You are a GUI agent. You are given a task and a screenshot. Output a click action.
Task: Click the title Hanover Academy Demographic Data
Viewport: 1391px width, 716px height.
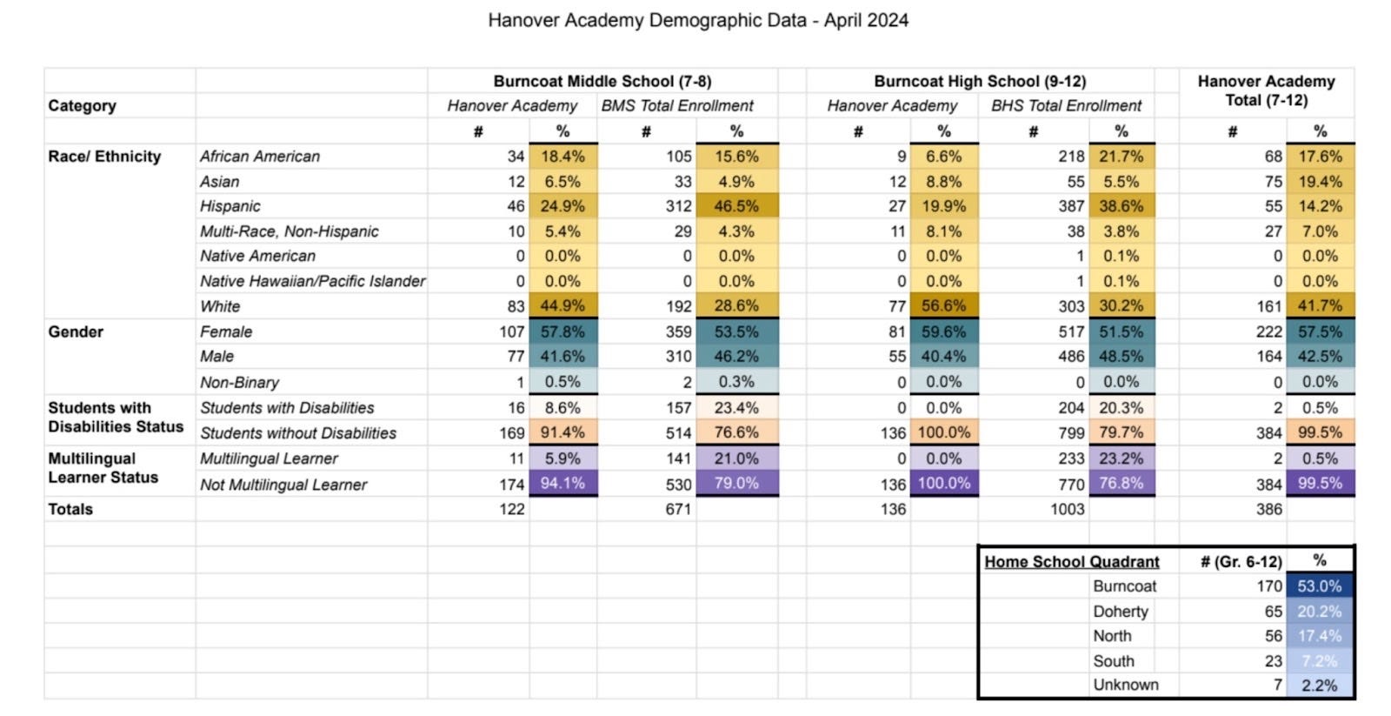(x=697, y=20)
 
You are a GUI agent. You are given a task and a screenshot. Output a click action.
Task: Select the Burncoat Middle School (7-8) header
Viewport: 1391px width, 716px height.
(x=602, y=81)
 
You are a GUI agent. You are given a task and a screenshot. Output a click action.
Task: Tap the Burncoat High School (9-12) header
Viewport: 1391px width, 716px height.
(x=980, y=81)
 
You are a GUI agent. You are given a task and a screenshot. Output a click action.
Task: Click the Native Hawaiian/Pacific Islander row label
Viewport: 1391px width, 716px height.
(x=312, y=281)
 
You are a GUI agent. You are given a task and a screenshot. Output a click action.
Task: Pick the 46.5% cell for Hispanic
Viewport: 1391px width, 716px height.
(x=736, y=206)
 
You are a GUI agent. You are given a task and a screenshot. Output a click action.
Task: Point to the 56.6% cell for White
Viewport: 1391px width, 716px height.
(x=943, y=306)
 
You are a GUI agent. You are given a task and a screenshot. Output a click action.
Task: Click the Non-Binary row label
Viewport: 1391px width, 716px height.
(x=239, y=382)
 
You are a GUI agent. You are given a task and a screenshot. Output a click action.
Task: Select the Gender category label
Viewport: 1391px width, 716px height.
(x=76, y=331)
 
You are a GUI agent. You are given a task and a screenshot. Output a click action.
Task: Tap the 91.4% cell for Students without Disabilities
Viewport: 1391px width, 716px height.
(x=562, y=432)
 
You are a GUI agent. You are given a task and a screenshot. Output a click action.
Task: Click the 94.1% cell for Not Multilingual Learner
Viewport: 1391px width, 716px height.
(x=562, y=483)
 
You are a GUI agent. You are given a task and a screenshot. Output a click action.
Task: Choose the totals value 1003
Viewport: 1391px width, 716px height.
(x=1067, y=509)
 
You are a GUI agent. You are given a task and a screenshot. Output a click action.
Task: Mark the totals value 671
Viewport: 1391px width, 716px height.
(x=678, y=509)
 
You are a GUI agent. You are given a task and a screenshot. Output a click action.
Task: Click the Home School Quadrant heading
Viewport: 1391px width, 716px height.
(x=1071, y=562)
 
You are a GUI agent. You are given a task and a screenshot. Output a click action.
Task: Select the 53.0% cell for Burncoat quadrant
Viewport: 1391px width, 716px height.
(x=1319, y=586)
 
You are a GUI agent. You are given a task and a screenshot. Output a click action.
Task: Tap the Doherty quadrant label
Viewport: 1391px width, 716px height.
(x=1120, y=612)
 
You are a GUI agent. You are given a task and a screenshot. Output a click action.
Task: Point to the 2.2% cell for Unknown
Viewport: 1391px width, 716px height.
(x=1319, y=686)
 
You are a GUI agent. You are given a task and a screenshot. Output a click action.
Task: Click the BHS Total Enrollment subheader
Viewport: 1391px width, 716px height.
(x=1066, y=106)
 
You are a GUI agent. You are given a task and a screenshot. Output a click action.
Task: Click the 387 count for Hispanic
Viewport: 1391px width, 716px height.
(x=1070, y=206)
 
